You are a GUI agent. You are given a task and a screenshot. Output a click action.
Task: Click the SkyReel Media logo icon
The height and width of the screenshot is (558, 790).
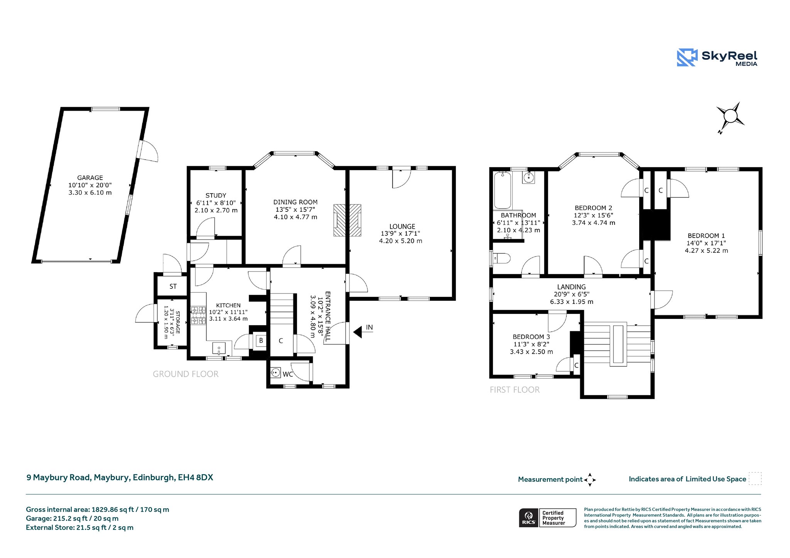tap(687, 57)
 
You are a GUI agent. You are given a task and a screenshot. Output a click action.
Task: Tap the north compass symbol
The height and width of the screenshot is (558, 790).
tap(730, 116)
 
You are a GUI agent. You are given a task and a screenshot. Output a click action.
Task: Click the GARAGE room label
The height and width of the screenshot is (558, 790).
tap(90, 178)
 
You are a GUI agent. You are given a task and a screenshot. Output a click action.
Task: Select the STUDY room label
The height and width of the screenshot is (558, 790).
tap(216, 196)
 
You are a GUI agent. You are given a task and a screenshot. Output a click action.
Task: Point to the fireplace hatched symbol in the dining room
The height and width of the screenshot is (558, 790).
tap(347, 220)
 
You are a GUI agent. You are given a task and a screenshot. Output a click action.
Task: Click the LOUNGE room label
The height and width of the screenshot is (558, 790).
tap(402, 227)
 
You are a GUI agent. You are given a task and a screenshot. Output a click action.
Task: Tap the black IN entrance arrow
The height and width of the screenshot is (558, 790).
tap(358, 332)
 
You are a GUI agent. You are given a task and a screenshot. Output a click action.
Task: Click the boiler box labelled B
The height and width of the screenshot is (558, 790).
tap(261, 341)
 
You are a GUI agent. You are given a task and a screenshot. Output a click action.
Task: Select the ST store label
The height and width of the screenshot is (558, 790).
tap(173, 287)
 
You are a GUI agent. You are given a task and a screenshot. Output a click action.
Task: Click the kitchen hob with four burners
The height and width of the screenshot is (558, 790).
tap(199, 315)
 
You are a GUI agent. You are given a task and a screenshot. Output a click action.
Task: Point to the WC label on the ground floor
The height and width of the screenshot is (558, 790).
tap(288, 374)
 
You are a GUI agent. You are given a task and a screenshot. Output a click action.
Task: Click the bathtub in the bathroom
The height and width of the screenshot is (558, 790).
tap(503, 190)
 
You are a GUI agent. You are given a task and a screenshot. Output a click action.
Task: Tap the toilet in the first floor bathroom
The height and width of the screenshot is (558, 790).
tap(502, 258)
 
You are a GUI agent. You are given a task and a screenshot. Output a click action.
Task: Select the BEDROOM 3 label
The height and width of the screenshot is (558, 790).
tap(531, 337)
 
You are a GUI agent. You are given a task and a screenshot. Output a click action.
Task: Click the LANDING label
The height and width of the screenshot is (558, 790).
tap(571, 287)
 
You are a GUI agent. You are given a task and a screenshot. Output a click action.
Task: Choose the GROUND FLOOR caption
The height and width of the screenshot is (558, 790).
tap(186, 374)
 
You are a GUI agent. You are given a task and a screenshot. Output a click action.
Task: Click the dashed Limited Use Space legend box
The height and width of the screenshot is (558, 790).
tap(755, 479)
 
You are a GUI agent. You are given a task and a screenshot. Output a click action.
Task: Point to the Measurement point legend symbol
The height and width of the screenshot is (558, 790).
tap(590, 480)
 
